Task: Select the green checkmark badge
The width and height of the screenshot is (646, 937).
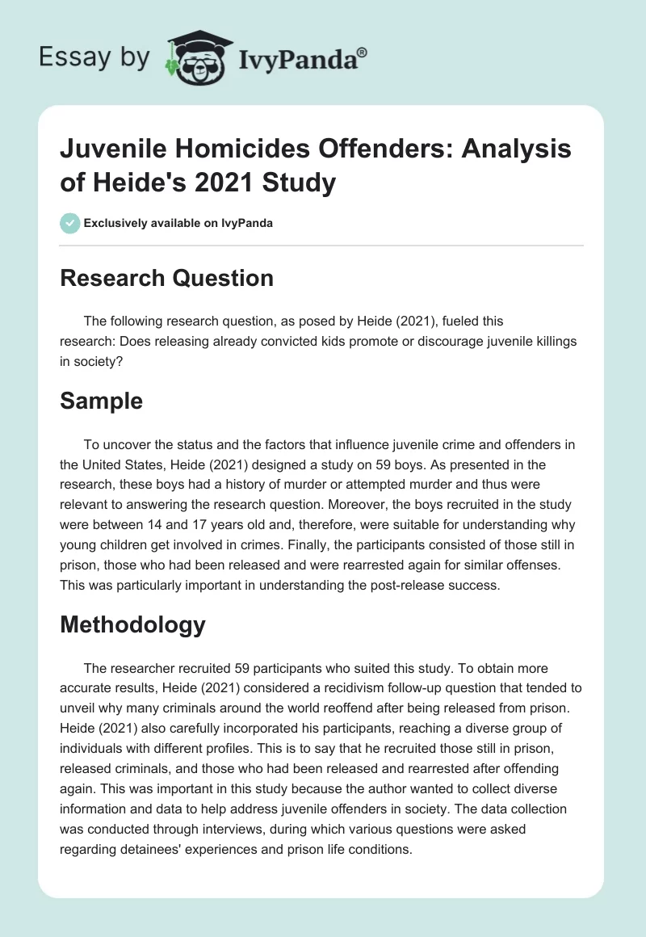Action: pyautogui.click(x=69, y=223)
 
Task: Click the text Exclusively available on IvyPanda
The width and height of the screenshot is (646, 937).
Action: pyautogui.click(x=178, y=223)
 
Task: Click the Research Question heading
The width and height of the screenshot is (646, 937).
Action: pyautogui.click(x=167, y=278)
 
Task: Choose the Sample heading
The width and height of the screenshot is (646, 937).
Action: pyautogui.click(x=102, y=401)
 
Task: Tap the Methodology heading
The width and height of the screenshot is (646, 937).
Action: pyautogui.click(x=134, y=624)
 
